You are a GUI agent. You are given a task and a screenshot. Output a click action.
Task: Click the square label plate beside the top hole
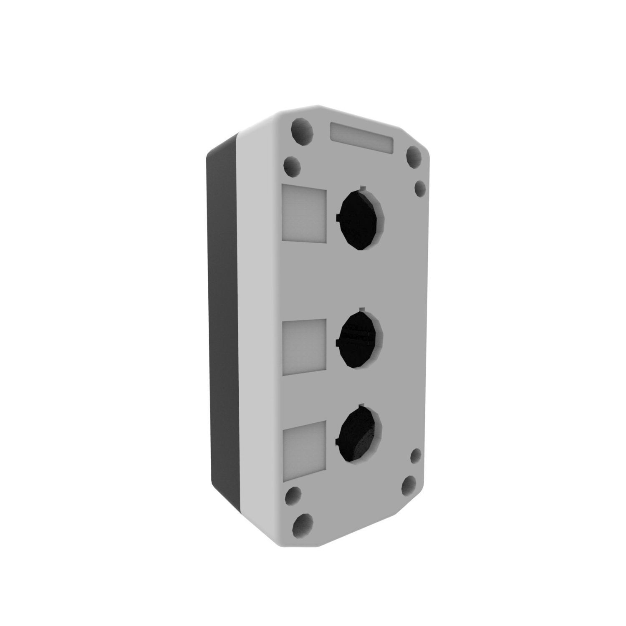(x=304, y=214)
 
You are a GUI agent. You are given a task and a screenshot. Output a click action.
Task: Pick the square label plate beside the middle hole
(x=304, y=347)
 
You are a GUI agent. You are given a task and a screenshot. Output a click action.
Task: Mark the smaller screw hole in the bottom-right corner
(x=416, y=456)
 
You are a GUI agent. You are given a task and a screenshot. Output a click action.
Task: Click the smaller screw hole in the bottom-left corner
(x=294, y=495)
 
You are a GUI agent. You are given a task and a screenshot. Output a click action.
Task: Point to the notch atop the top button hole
(x=362, y=187)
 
